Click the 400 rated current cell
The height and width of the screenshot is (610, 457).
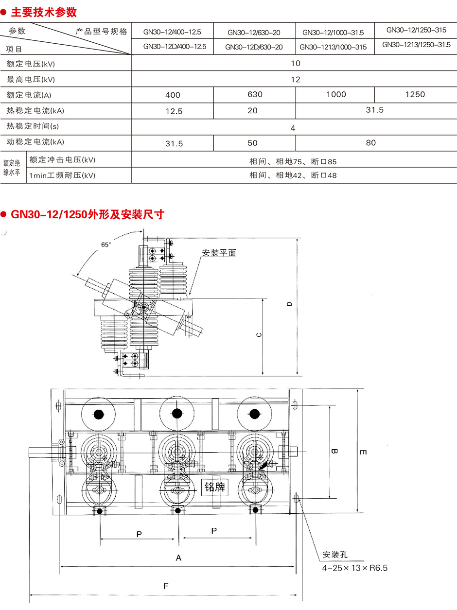tap(173, 95)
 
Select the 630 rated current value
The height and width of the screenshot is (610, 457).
tap(255, 94)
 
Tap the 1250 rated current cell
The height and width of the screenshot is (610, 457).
tap(415, 94)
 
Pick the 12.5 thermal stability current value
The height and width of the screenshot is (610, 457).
tap(174, 111)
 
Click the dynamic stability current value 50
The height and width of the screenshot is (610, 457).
tap(253, 143)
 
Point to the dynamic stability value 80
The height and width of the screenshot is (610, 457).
tap(371, 143)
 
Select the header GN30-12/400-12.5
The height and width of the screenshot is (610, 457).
tap(172, 33)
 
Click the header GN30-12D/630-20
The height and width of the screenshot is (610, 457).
tap(254, 48)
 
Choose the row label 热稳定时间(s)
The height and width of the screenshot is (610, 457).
tap(33, 126)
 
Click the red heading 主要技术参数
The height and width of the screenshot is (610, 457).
tap(44, 12)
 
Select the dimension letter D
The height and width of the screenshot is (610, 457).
tap(289, 304)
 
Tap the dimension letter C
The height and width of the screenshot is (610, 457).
tap(259, 335)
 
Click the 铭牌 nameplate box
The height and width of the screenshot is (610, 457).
tap(214, 487)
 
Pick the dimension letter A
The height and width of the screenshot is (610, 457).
tap(178, 558)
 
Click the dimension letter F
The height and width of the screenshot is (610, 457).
tap(166, 586)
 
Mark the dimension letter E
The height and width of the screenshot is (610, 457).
tap(363, 452)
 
